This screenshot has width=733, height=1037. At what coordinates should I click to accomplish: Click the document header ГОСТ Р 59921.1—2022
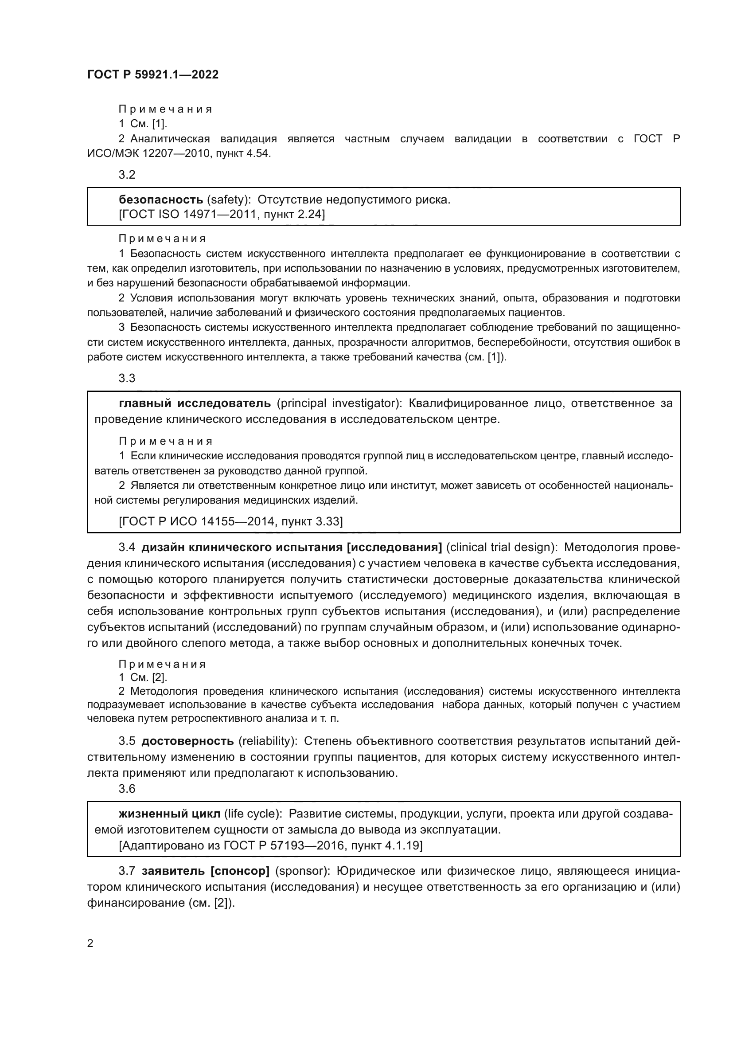pos(152,74)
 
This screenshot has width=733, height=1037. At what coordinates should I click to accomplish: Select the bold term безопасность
pos(161,200)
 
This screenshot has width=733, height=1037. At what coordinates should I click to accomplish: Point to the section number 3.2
pos(127,175)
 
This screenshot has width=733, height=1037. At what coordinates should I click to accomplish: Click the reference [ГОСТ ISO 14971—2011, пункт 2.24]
pos(222,214)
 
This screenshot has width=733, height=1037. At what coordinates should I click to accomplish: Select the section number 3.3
pos(127,378)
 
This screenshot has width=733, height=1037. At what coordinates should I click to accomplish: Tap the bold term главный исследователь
pos(195,403)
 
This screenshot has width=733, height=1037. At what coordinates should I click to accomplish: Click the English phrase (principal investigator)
pos(339,403)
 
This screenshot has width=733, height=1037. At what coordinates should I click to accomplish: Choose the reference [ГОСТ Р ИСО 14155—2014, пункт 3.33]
pos(230,522)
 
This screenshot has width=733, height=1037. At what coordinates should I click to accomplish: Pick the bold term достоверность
pos(188,741)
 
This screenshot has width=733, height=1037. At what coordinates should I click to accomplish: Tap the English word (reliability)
pos(268,741)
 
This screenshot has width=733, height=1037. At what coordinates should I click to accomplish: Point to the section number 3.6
pos(127,789)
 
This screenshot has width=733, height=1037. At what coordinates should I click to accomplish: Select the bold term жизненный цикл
pos(170,814)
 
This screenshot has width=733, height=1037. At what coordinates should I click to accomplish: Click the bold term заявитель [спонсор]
pos(205,871)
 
